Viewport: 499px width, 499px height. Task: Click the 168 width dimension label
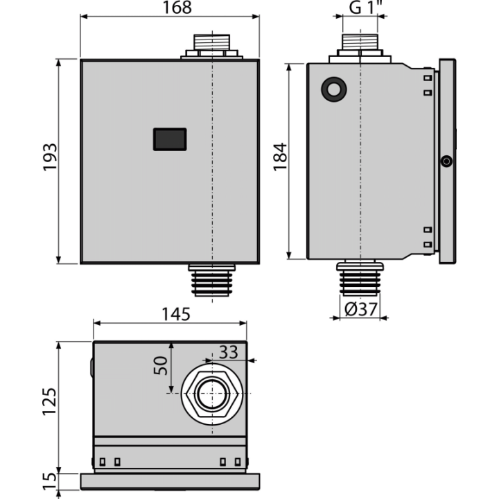point(177,8)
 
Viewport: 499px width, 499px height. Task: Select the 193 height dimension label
point(51,157)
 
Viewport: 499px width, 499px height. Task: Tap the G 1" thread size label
point(365,7)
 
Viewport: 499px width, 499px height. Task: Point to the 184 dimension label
point(281,157)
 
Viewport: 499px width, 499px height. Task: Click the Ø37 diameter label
point(361,308)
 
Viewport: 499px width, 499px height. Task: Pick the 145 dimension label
point(176,314)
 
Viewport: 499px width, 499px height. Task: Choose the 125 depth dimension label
point(50,401)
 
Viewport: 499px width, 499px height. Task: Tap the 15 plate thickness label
point(50,481)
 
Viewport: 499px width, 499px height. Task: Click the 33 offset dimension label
point(229,352)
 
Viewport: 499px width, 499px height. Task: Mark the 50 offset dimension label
point(160,366)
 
